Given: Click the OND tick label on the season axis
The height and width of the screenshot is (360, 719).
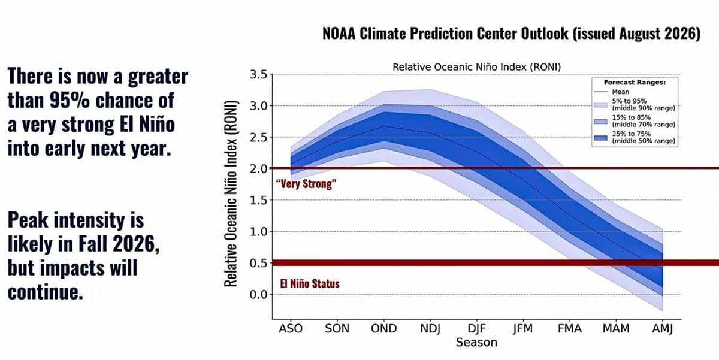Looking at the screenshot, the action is point(384,329).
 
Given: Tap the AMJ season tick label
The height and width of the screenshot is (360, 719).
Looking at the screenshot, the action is point(663,329).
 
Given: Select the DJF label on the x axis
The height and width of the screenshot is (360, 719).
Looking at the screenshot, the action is point(477,329).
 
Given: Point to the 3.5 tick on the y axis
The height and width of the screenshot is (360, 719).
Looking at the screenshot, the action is point(259,74).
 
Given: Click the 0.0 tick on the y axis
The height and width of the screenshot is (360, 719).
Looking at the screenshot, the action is point(259,294).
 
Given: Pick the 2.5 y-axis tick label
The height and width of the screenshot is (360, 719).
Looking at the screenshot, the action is point(259,137).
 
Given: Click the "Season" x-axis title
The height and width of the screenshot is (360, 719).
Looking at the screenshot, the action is point(477,343).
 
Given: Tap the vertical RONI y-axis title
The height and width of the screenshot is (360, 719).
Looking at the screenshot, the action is point(231,193).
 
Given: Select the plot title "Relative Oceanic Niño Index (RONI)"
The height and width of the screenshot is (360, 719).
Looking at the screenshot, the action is point(477,67).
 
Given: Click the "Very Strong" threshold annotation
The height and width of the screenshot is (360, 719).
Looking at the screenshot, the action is point(306,184).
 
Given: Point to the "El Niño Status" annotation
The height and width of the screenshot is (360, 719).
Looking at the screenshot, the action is point(310,284).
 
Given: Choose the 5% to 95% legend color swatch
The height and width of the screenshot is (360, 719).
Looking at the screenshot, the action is point(600,105).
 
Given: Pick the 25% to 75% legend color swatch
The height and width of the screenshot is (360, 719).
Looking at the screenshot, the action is point(600,138).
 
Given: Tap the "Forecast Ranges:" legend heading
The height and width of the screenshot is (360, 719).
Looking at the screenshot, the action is point(635,83).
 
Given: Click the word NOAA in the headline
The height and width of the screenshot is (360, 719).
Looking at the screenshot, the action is point(339,34).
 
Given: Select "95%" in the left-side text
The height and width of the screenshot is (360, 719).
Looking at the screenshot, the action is point(70,100).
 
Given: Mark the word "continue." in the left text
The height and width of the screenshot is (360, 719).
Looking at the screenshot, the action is point(46,292).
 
